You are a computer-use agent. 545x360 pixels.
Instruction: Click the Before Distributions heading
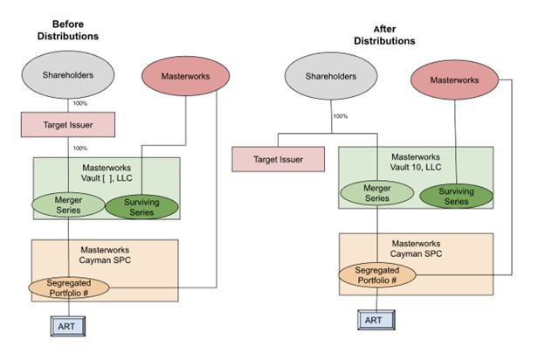click(68, 30)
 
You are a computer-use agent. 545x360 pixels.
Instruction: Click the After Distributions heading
click(384, 35)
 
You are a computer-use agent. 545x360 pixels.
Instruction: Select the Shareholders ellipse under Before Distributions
click(68, 75)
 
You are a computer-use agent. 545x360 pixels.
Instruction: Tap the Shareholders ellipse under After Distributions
click(331, 76)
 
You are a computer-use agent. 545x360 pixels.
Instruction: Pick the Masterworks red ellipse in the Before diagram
click(186, 76)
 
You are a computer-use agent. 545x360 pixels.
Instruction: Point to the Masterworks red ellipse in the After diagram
click(455, 80)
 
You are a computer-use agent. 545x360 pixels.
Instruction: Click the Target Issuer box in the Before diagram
click(68, 125)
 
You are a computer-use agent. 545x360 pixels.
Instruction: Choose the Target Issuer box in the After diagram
click(279, 159)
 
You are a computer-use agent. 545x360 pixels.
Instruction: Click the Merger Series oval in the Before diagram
click(68, 204)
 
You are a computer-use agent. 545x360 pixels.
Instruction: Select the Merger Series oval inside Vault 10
click(377, 193)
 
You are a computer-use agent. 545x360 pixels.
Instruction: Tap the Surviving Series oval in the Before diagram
click(141, 207)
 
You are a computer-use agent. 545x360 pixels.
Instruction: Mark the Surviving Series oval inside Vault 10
click(457, 197)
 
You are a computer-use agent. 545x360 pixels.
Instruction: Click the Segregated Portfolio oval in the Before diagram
click(69, 287)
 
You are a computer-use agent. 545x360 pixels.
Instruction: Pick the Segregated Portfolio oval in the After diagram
click(377, 275)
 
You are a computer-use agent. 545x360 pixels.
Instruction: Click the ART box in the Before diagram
click(68, 326)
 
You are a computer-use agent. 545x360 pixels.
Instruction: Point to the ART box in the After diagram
click(376, 320)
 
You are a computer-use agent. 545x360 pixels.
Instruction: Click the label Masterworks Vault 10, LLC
click(416, 162)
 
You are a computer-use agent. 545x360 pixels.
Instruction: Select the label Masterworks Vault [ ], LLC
click(107, 173)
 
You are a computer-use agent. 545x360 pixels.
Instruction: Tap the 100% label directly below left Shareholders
click(80, 103)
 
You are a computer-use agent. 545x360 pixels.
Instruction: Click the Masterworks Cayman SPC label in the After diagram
click(416, 248)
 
